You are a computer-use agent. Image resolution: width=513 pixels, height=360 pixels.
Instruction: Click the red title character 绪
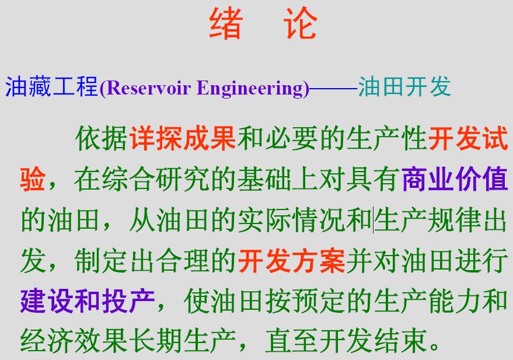(x=226, y=23)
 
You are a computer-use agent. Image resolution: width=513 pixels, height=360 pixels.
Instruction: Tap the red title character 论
(x=301, y=23)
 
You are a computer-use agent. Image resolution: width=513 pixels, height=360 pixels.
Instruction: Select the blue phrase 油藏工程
(x=52, y=87)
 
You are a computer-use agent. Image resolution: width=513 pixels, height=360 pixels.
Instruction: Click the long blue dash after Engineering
(x=333, y=88)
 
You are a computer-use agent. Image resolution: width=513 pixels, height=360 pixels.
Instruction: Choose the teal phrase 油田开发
(x=404, y=87)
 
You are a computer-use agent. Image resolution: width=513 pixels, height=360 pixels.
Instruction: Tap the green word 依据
(x=102, y=138)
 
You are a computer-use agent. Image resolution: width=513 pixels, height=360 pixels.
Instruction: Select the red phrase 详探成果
(x=183, y=138)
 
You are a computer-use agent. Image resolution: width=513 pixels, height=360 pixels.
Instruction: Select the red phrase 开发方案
(x=291, y=261)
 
